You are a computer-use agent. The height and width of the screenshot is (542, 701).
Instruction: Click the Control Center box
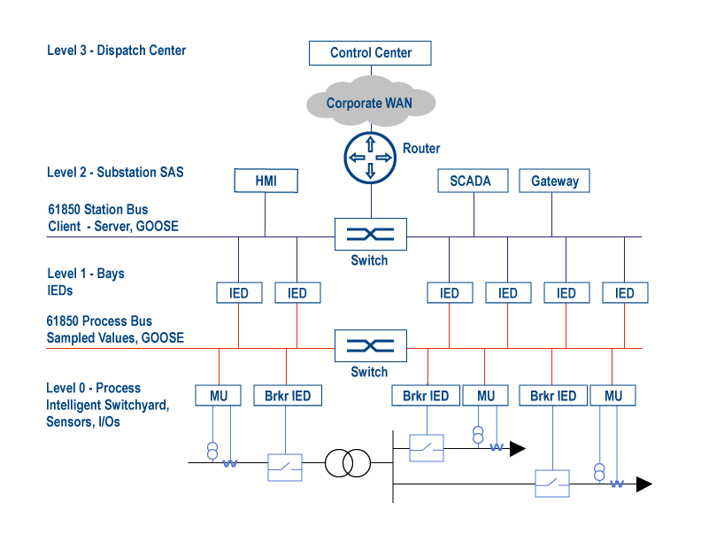coord(371,52)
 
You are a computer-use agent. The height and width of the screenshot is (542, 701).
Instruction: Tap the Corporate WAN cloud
coord(370,103)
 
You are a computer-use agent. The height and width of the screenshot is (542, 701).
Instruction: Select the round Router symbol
coord(370,157)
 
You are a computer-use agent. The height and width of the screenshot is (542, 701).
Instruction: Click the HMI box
coord(266,181)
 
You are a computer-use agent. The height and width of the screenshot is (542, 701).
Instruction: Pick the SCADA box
coord(471,181)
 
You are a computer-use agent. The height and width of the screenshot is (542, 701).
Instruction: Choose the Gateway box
coord(554,181)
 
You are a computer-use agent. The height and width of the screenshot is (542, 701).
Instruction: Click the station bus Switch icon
coord(370,235)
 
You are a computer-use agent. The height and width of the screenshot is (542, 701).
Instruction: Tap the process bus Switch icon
coord(370,346)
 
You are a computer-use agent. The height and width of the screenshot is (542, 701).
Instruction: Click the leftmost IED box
coord(239,293)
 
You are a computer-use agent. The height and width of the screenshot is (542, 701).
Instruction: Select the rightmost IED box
coord(625,293)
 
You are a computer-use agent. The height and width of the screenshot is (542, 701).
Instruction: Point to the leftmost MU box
coord(219,396)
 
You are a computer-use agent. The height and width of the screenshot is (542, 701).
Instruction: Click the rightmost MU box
coord(613,396)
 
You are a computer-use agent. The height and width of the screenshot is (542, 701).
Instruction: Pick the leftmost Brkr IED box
coord(287,396)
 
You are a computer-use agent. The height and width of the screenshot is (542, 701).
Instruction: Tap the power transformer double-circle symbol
coord(347,462)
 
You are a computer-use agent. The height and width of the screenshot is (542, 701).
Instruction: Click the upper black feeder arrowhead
coord(517,449)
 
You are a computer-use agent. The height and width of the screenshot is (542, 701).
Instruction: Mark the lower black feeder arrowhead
coord(643,484)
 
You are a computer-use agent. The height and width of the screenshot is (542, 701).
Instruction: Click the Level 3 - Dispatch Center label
coord(117,50)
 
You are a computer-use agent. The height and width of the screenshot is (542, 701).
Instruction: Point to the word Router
coord(421,148)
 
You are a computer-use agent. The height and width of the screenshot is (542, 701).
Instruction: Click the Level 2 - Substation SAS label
coord(115,172)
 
